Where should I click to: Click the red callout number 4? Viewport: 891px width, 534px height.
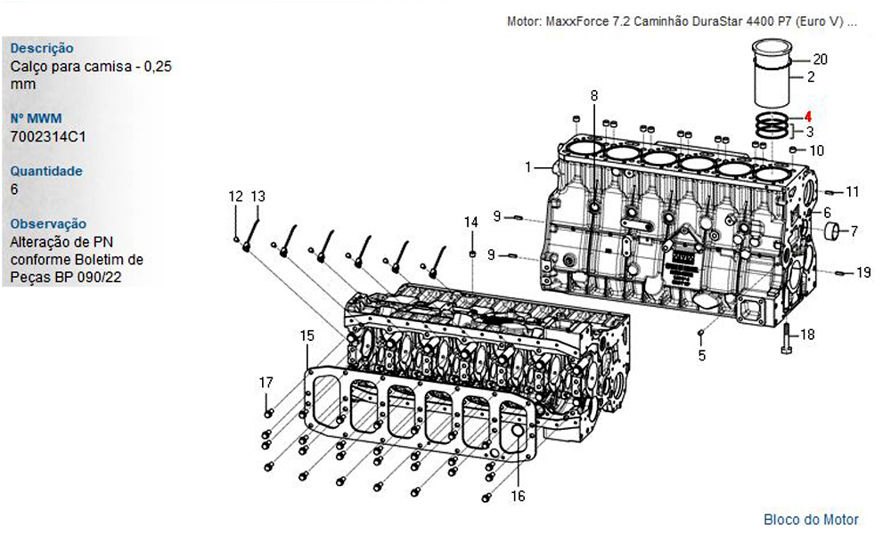[807, 117]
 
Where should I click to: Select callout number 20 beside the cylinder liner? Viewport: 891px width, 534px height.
[820, 59]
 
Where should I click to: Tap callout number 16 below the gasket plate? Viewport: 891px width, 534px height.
[518, 496]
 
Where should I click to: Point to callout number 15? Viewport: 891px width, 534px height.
[307, 336]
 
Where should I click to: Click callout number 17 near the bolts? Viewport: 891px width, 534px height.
[266, 383]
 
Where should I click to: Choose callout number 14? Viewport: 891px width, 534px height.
[471, 222]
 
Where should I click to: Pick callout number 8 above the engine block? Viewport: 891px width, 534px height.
[594, 95]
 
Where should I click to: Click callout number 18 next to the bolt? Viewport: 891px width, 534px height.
[807, 335]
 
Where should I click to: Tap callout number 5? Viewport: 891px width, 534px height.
[702, 356]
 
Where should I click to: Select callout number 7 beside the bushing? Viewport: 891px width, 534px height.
[854, 231]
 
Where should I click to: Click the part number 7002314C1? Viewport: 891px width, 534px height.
[48, 137]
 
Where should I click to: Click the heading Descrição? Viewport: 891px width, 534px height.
[42, 48]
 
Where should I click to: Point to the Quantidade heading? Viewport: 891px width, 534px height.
[46, 171]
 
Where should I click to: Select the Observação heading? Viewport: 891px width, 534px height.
[48, 223]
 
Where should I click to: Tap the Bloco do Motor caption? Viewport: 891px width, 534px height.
[811, 519]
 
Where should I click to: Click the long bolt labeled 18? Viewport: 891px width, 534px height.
[787, 339]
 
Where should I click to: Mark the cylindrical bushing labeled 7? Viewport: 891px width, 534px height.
[831, 231]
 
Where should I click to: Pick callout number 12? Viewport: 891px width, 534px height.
[235, 197]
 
